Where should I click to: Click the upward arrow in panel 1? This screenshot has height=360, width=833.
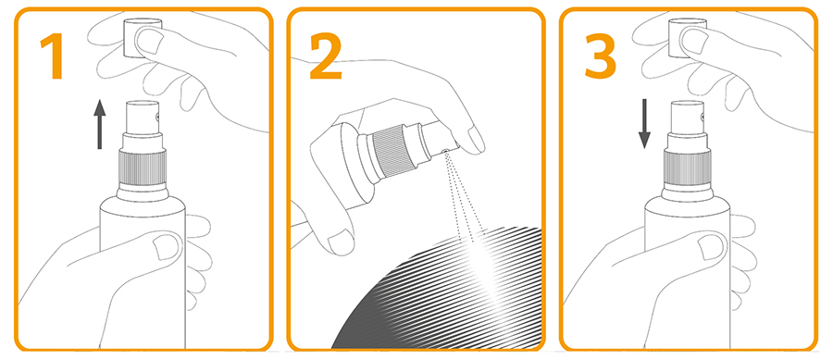[99, 124]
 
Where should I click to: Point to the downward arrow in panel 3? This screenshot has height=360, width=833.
[644, 124]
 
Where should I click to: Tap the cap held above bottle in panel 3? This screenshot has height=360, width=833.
[687, 37]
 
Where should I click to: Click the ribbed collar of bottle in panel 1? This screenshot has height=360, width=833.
[142, 168]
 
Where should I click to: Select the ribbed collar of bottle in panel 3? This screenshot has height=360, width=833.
[688, 168]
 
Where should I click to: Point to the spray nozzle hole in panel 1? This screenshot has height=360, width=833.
[157, 117]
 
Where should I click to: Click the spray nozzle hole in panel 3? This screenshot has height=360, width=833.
[702, 117]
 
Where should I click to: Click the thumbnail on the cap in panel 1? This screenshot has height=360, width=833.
[149, 41]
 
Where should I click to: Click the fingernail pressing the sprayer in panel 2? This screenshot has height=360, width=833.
[475, 139]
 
